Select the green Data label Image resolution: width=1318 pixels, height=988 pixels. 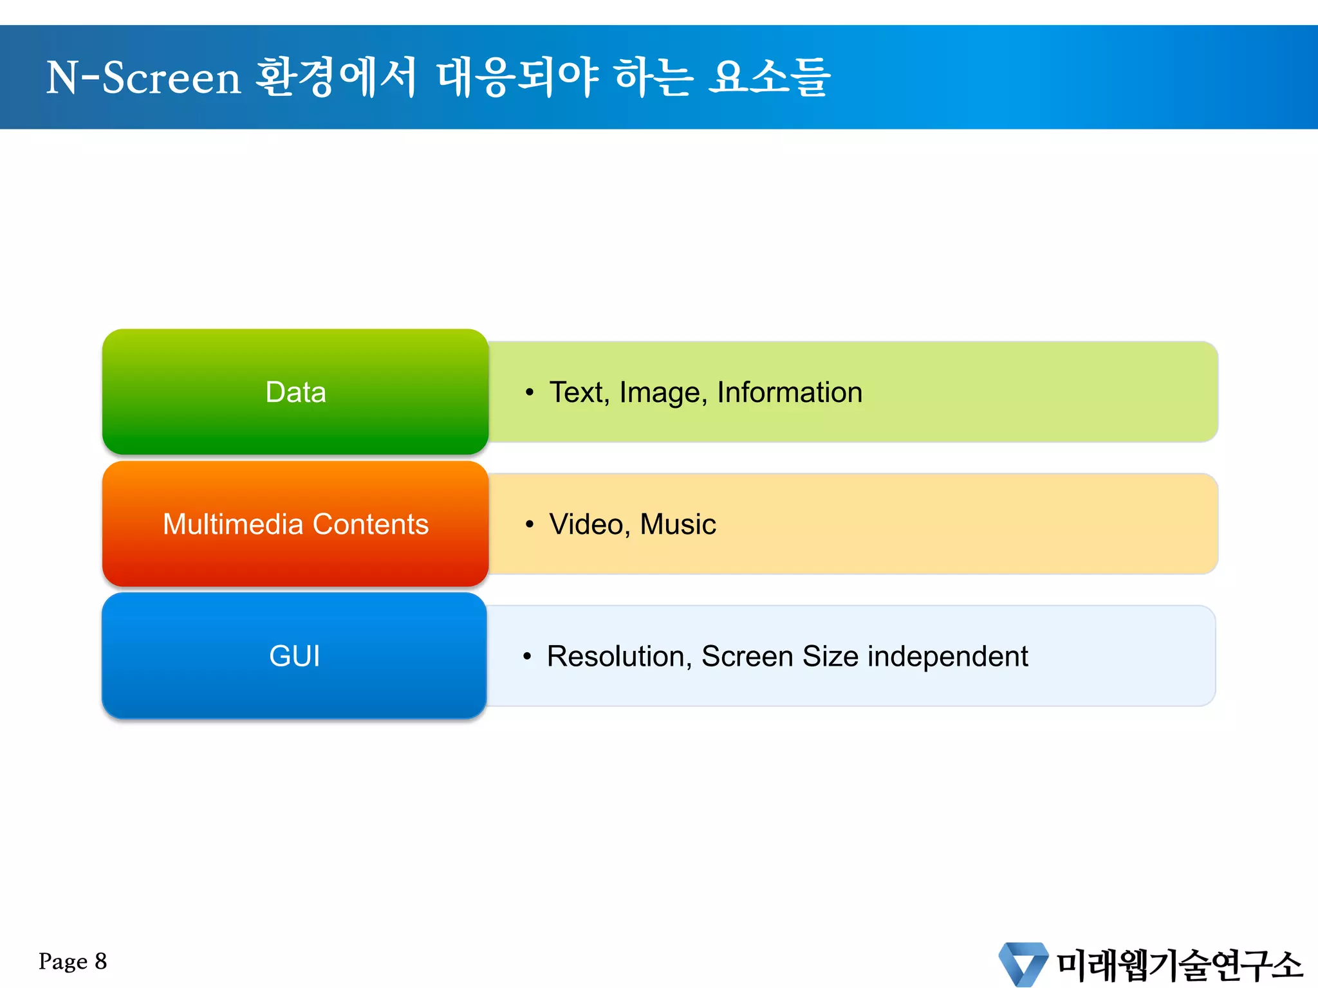point(295,392)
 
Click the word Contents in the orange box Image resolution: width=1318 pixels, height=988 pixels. point(371,524)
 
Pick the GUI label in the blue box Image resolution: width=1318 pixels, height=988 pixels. point(294,656)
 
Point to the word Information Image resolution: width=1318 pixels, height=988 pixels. point(790,392)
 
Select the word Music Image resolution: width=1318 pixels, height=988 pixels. point(678,524)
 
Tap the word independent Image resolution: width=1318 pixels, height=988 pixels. point(947,656)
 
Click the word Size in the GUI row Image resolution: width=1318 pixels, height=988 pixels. point(830,656)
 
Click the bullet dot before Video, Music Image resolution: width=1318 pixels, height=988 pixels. point(529,525)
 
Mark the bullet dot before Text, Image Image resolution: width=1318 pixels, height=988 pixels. point(529,392)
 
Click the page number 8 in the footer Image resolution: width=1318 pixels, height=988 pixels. point(100,962)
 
